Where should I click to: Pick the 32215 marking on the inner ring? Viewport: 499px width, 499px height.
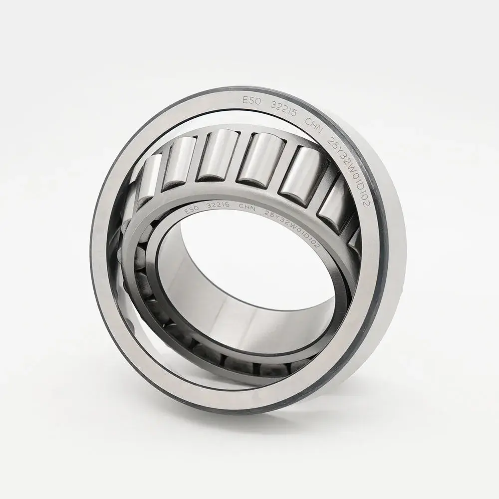coord(221,204)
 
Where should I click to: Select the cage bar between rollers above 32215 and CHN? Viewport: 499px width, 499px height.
coord(235,157)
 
